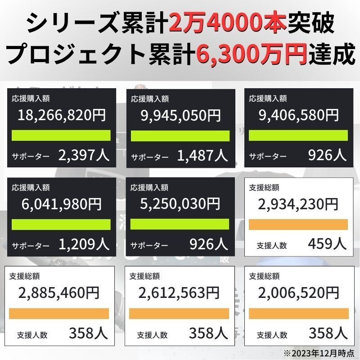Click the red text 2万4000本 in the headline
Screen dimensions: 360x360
228,22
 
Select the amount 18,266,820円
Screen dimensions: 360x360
62,115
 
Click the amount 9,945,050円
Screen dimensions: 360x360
181,115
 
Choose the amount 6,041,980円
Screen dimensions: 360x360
62,204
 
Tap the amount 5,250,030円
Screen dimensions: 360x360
181,204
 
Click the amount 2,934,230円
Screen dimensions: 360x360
298,204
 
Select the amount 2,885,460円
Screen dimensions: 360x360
59,293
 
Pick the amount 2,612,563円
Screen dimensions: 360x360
179,293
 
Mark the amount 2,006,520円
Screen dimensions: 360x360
298,293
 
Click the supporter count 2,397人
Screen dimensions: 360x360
83,155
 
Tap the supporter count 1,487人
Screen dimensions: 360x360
202,155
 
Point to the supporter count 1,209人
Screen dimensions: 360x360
84,244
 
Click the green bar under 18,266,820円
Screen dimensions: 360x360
61,135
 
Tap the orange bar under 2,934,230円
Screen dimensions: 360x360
298,224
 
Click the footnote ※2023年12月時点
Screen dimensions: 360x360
319,352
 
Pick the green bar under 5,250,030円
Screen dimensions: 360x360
180,224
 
